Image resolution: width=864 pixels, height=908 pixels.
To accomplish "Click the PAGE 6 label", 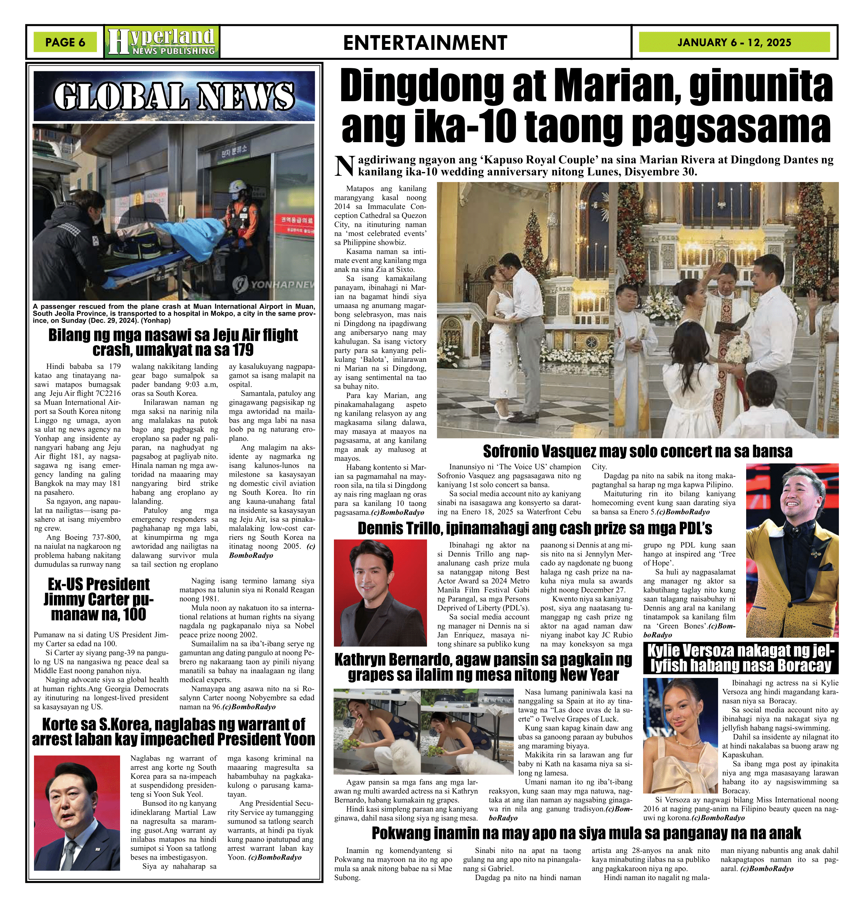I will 65,42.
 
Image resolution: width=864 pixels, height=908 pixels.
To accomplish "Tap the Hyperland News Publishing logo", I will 162,42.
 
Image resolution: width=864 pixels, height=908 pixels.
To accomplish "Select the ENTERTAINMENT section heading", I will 425,43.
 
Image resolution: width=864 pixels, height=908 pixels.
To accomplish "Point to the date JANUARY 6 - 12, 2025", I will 734,42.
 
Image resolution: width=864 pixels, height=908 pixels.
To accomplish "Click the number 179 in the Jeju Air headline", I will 242,350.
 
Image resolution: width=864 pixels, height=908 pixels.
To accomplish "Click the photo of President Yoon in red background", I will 77,812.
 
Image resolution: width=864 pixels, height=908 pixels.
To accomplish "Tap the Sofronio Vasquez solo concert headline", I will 638,451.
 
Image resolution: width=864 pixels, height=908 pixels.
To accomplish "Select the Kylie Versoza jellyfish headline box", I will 740,658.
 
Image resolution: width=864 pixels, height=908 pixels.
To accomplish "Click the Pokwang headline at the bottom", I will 586,833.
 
